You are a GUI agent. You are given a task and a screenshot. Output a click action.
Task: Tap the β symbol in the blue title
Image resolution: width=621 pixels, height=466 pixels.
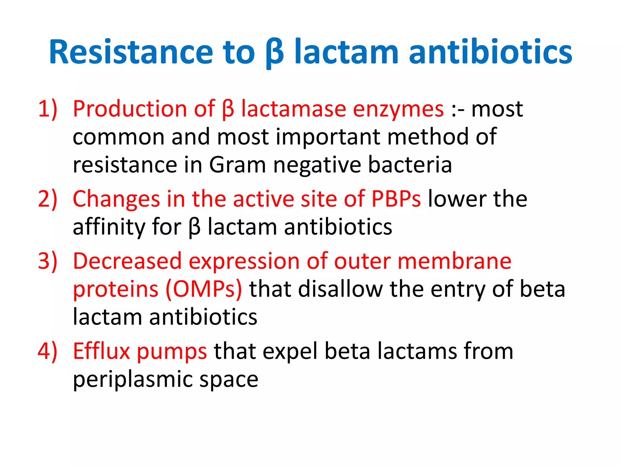274,53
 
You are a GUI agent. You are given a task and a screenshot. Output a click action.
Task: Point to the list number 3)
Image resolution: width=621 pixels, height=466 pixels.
48,261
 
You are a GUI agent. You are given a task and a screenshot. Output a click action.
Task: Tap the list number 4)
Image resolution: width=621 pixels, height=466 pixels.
48,351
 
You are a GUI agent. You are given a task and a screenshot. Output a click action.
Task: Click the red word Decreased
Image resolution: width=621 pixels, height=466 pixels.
127,261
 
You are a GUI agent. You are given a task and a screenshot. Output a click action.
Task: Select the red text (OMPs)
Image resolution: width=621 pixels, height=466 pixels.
204,289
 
